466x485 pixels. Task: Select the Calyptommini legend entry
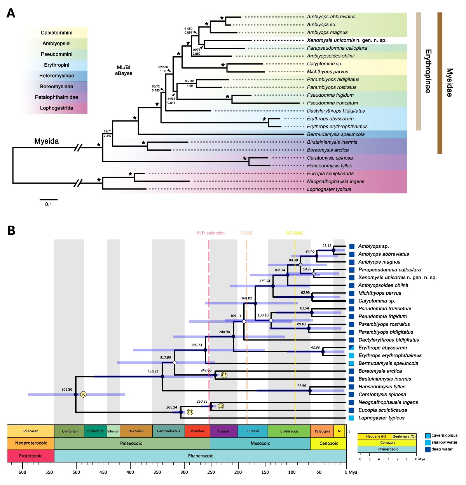(x=56, y=33)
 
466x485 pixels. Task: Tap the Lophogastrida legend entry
(x=56, y=108)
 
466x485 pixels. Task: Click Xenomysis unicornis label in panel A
(x=346, y=40)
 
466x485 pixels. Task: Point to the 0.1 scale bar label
(x=48, y=204)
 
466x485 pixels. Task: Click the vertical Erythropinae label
(x=428, y=71)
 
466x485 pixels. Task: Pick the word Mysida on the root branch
(x=46, y=141)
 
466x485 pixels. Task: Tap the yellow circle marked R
(x=83, y=395)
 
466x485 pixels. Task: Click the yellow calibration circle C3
(x=224, y=375)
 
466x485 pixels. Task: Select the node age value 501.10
(x=66, y=389)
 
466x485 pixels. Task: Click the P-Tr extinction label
(x=211, y=233)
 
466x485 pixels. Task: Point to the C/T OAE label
(x=294, y=233)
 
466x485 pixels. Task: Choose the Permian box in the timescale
(x=197, y=431)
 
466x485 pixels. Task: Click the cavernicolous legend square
(x=428, y=436)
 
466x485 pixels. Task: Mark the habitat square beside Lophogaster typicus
(x=351, y=418)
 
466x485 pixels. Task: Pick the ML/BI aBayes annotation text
(x=124, y=70)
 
